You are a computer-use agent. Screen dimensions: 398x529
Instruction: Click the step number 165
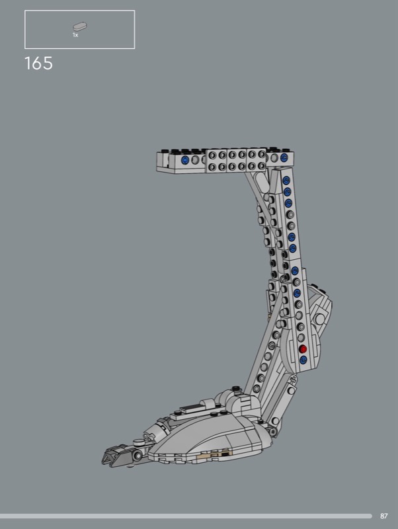pyautogui.click(x=38, y=63)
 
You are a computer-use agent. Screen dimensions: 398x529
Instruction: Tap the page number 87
pyautogui.click(x=384, y=516)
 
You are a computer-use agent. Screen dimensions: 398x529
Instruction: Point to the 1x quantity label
pyautogui.click(x=75, y=35)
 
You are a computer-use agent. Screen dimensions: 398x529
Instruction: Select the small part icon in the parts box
pyautogui.click(x=80, y=26)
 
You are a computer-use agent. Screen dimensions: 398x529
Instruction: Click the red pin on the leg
pyautogui.click(x=303, y=349)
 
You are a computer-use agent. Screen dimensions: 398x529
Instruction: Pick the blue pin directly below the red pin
pyautogui.click(x=303, y=360)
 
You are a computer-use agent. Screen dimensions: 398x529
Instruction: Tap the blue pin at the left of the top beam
pyautogui.click(x=185, y=160)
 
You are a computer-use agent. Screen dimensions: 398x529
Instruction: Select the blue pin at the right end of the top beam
pyautogui.click(x=284, y=157)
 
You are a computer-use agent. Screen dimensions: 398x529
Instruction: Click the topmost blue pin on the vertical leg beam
pyautogui.click(x=286, y=180)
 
